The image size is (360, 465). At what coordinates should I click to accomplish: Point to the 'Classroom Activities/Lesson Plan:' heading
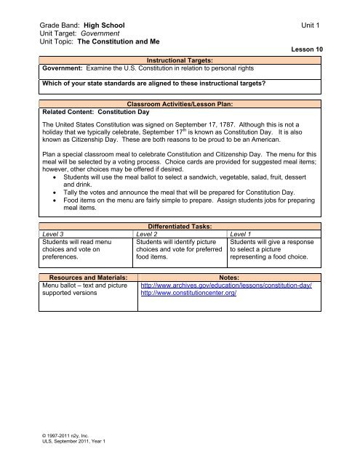tap(179, 105)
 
